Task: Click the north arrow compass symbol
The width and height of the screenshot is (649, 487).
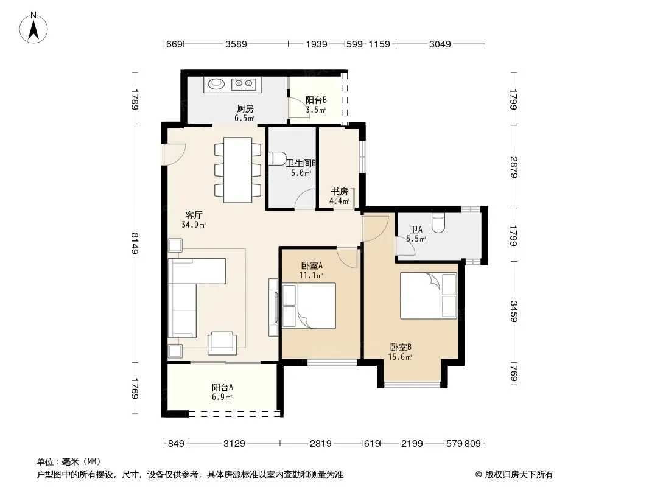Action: pyautogui.click(x=33, y=27)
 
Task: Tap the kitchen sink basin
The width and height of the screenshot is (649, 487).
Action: pyautogui.click(x=216, y=84)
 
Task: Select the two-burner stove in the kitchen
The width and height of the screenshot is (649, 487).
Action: pyautogui.click(x=244, y=84)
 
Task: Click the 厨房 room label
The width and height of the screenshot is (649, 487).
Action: pyautogui.click(x=245, y=109)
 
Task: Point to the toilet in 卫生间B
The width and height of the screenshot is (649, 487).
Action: pyautogui.click(x=277, y=158)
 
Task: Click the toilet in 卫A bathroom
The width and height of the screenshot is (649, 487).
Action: pyautogui.click(x=438, y=223)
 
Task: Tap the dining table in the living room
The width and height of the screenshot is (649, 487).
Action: pyautogui.click(x=237, y=170)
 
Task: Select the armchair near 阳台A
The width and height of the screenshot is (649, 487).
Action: pyautogui.click(x=222, y=343)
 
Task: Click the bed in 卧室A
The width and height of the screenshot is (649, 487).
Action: pyautogui.click(x=309, y=306)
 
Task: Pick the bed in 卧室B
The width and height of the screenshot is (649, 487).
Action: pyautogui.click(x=429, y=295)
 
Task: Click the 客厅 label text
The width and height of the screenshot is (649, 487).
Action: pyautogui.click(x=194, y=215)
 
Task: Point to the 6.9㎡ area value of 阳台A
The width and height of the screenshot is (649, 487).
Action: pyautogui.click(x=222, y=398)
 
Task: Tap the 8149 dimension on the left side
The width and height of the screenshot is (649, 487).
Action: pyautogui.click(x=135, y=243)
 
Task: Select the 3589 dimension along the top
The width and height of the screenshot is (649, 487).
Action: pyautogui.click(x=236, y=44)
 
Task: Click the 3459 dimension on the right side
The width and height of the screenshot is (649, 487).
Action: pyautogui.click(x=514, y=311)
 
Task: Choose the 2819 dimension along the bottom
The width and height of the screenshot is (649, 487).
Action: pyautogui.click(x=321, y=444)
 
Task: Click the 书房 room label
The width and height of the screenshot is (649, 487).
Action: pyautogui.click(x=339, y=192)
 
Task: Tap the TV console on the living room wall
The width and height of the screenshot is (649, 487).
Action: pyautogui.click(x=273, y=307)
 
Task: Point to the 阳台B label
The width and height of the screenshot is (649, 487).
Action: pyautogui.click(x=316, y=100)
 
